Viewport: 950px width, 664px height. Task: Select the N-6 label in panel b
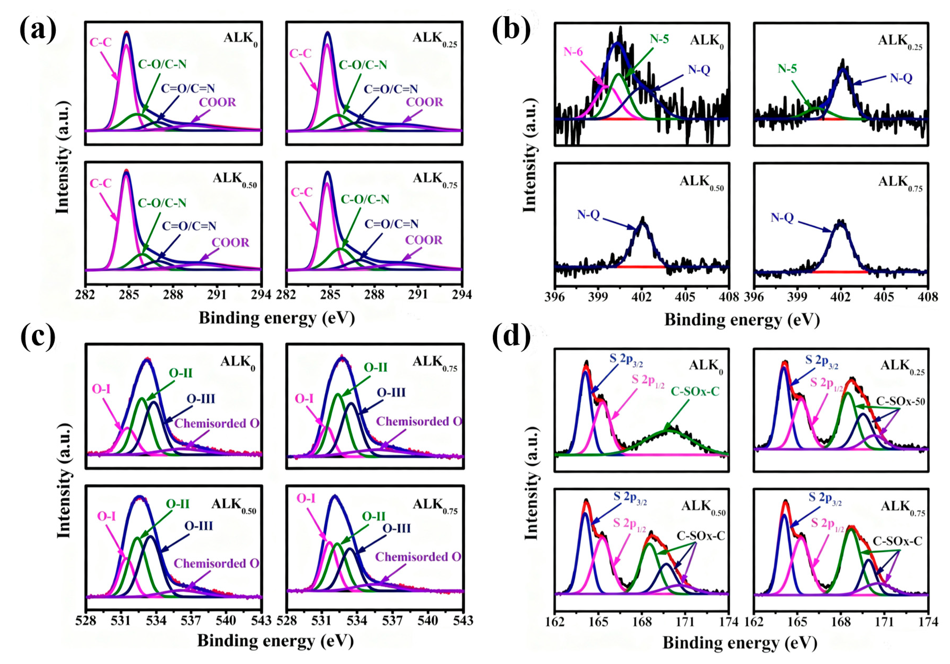[x=573, y=52]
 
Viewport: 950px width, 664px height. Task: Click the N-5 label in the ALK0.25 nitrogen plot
[x=787, y=69]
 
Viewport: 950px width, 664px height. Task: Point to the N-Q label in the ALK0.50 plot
[x=588, y=215]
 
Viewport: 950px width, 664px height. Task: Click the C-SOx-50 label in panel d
[x=900, y=401]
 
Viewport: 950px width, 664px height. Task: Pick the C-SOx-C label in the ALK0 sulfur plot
[x=695, y=391]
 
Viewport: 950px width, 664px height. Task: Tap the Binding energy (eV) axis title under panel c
[x=276, y=640]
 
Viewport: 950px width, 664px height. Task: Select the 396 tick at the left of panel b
[x=554, y=297]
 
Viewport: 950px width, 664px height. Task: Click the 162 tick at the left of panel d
[x=555, y=622]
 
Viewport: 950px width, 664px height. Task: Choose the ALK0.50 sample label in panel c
[x=234, y=505]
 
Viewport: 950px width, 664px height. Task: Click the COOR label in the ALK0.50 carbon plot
[x=230, y=243]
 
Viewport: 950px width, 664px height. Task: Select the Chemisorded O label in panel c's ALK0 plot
[x=217, y=423]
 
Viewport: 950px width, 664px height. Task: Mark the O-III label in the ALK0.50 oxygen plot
[x=199, y=526]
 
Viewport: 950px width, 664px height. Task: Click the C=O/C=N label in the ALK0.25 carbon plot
[x=391, y=89]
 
